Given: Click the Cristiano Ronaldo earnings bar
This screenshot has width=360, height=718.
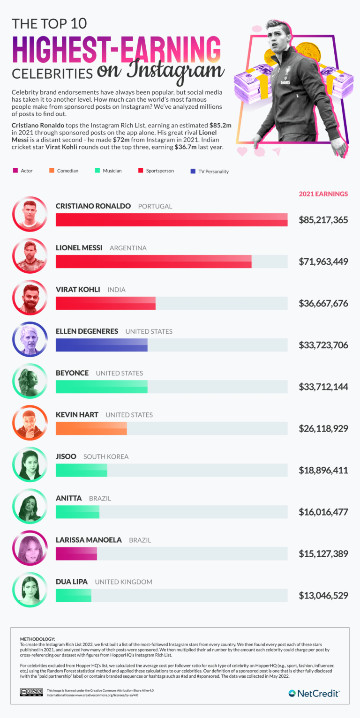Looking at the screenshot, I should (x=171, y=220).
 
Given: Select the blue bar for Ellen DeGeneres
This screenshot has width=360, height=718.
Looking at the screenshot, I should (x=101, y=345).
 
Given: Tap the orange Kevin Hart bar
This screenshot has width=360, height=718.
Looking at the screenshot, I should (x=91, y=428).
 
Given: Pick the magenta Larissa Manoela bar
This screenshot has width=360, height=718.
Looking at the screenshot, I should (x=76, y=553).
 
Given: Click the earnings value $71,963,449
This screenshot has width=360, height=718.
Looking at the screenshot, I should (x=323, y=262).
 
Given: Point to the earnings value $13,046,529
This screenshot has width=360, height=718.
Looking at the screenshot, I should (x=323, y=595).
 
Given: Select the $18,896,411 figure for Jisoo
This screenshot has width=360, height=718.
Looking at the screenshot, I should (x=323, y=470).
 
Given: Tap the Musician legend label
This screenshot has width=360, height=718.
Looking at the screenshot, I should (x=112, y=171).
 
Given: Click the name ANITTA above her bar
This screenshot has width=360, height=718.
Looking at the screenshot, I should (x=69, y=498).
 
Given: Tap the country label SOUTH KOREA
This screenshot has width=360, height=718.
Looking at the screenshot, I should (x=106, y=456).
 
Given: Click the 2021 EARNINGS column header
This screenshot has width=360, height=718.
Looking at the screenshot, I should (x=323, y=194).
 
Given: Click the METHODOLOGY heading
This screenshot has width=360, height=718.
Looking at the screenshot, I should (x=37, y=639).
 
